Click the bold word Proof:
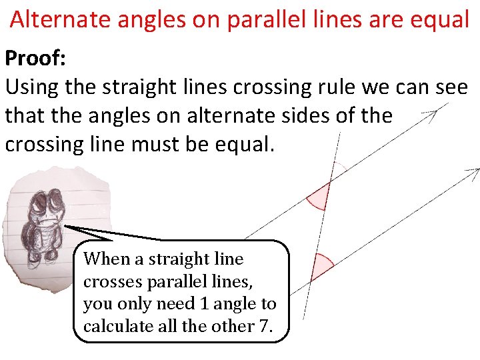[x=35, y=58]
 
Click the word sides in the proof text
[x=311, y=115]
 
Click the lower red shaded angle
[x=323, y=266]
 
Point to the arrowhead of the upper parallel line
[x=433, y=114]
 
